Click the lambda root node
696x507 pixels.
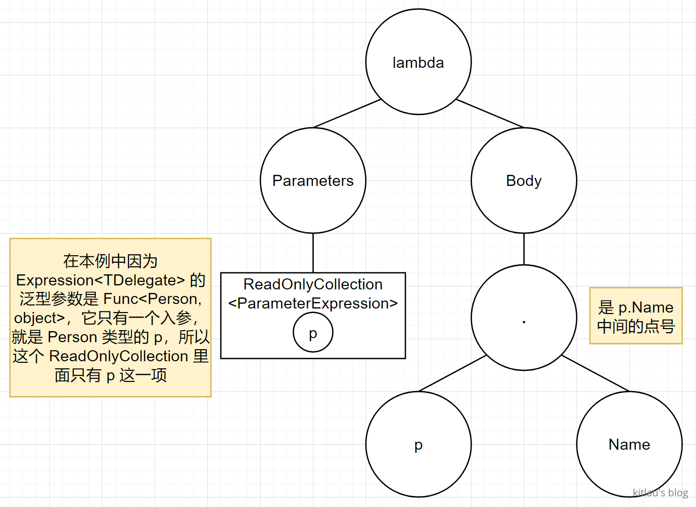418,62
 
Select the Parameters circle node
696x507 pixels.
313,180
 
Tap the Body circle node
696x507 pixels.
524,180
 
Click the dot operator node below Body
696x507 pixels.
524,318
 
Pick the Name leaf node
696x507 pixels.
629,444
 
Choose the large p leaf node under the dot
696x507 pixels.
418,444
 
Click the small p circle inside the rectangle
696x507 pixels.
313,333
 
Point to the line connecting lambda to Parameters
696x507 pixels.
347,113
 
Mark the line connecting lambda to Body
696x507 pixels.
490,113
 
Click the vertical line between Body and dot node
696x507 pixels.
524,249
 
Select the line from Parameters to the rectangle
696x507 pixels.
313,253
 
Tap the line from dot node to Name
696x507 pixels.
595,373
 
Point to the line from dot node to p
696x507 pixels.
452,373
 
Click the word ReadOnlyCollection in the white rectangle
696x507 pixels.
313,284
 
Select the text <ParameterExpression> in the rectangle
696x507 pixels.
313,303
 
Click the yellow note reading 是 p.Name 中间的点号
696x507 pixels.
636,316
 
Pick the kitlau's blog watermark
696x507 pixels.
660,492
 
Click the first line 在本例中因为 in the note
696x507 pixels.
110,261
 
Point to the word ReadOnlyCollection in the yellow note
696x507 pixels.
119,356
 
